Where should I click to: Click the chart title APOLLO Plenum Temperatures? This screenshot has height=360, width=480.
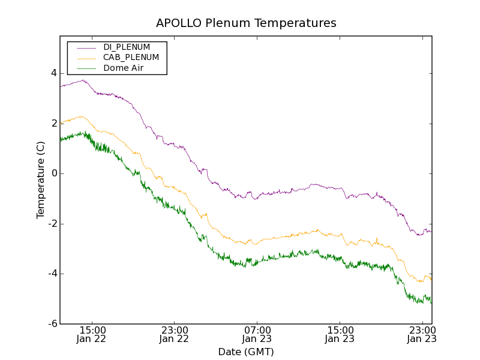click(246, 23)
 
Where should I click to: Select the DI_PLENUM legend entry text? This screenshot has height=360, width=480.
click(127, 47)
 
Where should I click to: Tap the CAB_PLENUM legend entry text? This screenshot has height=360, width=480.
click(131, 58)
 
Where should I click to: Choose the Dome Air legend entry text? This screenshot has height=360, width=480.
click(124, 68)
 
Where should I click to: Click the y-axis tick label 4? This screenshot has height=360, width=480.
click(54, 73)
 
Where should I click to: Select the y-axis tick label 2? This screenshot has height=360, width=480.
click(54, 124)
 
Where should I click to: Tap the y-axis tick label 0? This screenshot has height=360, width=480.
click(54, 173)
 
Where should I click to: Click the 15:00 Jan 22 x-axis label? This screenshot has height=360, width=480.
click(92, 334)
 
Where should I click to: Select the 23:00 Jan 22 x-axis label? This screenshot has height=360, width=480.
click(175, 334)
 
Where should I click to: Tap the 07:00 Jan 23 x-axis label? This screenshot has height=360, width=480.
click(257, 334)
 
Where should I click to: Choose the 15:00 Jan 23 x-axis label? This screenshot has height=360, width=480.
click(340, 334)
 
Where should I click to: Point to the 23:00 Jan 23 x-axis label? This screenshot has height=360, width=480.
click(422, 334)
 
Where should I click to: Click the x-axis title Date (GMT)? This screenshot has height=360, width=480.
click(246, 352)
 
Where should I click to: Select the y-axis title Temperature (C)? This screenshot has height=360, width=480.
click(41, 180)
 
